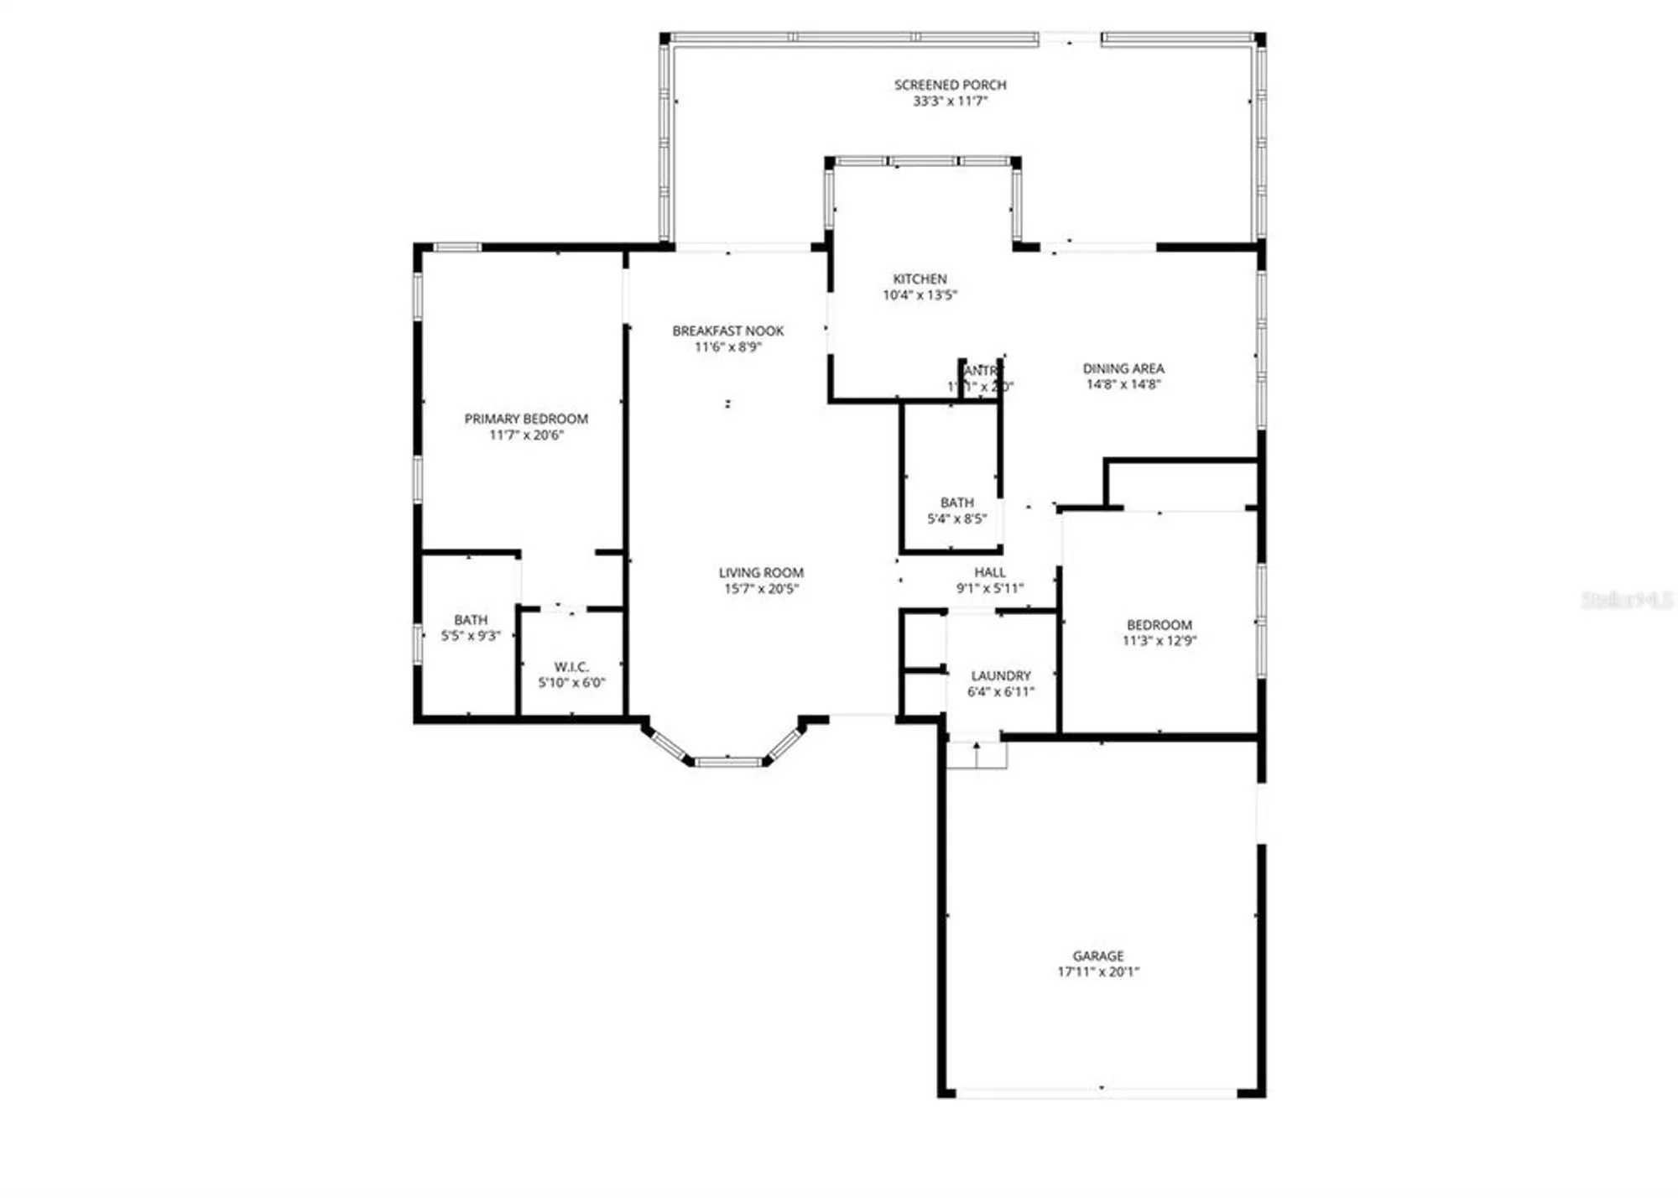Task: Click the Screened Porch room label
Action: point(950,85)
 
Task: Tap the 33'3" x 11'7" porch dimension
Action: point(950,101)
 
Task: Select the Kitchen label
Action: point(920,279)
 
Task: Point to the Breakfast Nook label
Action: point(727,331)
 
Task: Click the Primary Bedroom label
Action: point(526,419)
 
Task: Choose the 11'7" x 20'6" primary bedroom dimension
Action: point(526,435)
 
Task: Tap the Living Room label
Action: point(761,572)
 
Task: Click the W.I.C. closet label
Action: point(571,667)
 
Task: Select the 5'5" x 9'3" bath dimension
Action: point(471,636)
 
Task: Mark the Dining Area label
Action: point(1123,368)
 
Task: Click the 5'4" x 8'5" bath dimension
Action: point(956,518)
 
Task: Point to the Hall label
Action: point(990,572)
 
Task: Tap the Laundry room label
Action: point(1000,675)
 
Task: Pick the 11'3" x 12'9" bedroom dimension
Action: point(1159,640)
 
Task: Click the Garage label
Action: point(1097,956)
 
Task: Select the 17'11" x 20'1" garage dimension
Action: point(1097,971)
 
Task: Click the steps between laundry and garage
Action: point(977,755)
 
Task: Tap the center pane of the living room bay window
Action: point(727,762)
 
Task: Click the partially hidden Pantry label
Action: point(982,371)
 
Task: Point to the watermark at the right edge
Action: point(1627,599)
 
